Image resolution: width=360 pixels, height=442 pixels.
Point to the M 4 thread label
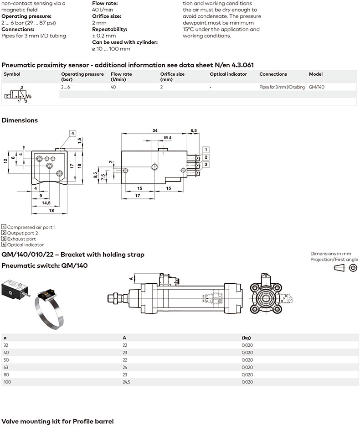coord(167,137)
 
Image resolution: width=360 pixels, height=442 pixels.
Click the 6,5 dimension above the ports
coord(193,130)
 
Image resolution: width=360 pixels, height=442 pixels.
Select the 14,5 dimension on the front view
coord(46,203)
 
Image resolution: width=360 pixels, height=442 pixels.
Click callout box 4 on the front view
coord(72,133)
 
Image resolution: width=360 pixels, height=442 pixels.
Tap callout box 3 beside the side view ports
coord(206,164)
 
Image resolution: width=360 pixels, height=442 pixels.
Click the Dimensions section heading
coord(20,120)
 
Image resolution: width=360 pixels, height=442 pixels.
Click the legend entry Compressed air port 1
coord(31,227)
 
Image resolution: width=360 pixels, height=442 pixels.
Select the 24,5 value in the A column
coord(126,382)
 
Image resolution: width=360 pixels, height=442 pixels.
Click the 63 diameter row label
coord(6,367)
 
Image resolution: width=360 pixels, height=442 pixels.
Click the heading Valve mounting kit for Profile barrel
coord(57,421)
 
